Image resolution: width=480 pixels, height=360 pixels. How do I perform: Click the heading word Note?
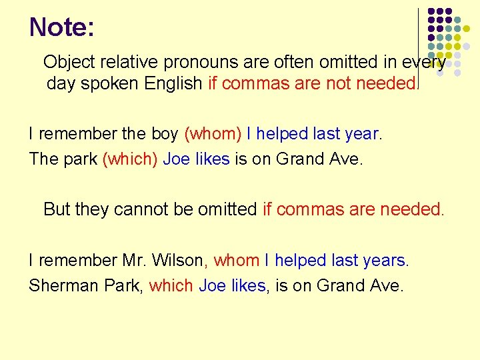[x=62, y=27]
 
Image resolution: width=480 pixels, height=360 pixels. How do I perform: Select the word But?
[x=57, y=209]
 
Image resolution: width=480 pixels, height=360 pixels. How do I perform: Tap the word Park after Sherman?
[x=122, y=286]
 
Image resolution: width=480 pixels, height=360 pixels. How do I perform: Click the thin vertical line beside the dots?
[x=418, y=47]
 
